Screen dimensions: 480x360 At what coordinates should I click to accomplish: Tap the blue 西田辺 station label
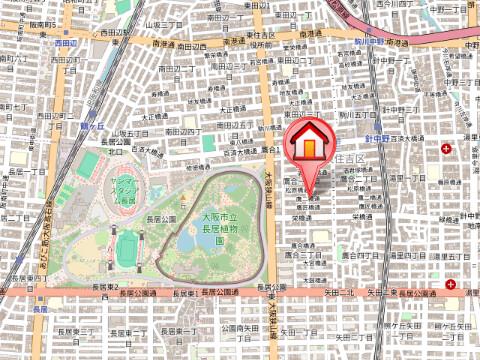(66, 43)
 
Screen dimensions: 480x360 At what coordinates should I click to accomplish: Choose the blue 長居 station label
(40, 310)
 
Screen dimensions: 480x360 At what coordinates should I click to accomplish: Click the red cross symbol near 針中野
(459, 148)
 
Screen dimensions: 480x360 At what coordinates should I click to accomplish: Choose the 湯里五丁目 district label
(450, 258)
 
